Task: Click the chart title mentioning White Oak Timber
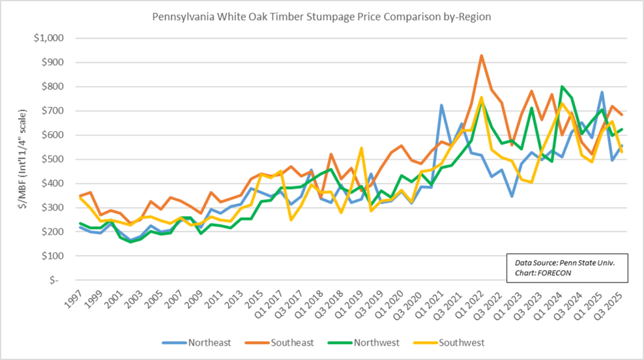click(x=321, y=17)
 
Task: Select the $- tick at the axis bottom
click(x=56, y=280)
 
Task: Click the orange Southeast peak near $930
click(x=481, y=55)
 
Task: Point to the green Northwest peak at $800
click(x=562, y=87)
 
